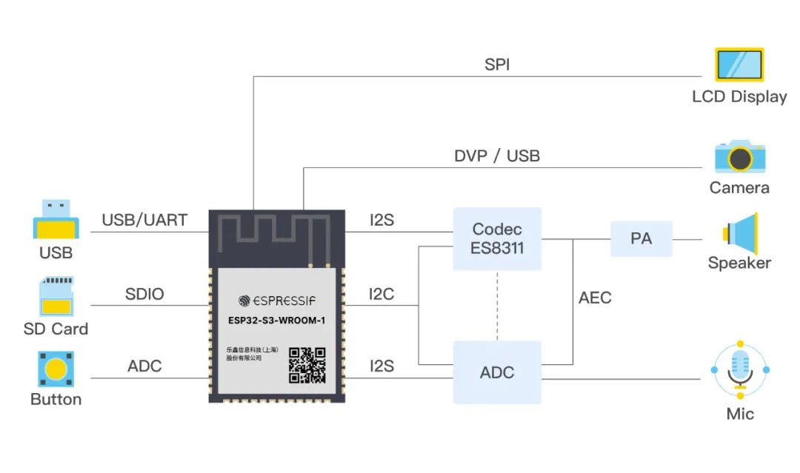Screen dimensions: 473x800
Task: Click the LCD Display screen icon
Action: [739, 64]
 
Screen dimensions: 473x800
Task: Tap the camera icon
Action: [739, 156]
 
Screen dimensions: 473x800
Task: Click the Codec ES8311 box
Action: [497, 238]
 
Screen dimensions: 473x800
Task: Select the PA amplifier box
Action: [641, 238]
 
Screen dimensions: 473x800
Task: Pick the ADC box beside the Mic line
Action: [497, 372]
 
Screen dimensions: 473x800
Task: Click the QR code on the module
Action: [307, 365]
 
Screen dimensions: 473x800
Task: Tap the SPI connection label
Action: [497, 64]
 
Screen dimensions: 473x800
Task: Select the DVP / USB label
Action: [497, 156]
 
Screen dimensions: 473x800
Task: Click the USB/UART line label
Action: [144, 220]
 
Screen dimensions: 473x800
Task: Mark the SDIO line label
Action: [144, 294]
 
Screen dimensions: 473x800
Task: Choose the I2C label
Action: [381, 294]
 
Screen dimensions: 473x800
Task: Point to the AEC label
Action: [595, 298]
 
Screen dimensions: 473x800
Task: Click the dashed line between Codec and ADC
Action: [497, 305]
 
